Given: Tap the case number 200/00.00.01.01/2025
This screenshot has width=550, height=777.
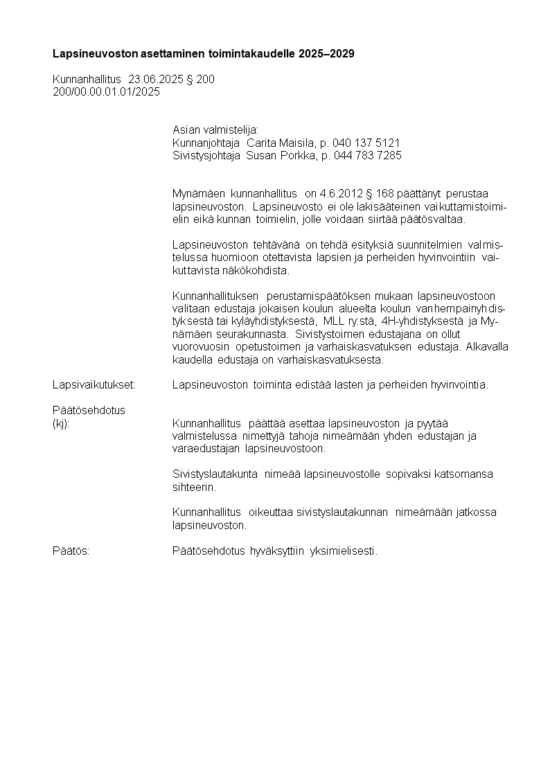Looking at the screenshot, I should [106, 91].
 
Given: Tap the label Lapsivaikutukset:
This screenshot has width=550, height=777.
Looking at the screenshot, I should [94, 385].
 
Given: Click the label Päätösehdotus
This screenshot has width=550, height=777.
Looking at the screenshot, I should [89, 410].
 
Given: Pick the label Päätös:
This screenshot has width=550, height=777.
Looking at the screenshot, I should [71, 551].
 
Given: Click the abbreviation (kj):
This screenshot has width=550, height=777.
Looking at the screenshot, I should [61, 423].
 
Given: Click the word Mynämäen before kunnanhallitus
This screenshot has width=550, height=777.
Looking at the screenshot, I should [193, 193].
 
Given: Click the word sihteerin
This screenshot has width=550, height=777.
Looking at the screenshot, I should [194, 487].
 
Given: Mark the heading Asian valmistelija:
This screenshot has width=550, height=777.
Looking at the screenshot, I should [215, 130].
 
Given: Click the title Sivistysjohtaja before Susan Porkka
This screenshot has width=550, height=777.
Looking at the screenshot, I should [206, 156].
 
